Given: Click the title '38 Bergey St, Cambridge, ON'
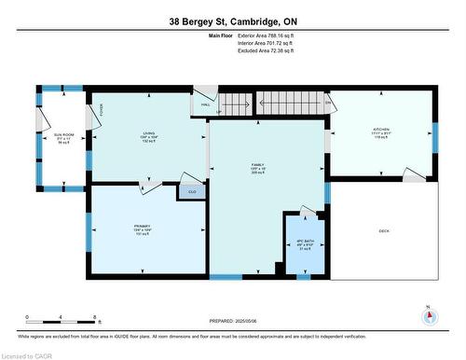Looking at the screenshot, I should coord(234,21).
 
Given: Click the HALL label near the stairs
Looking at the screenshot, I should coord(206,104).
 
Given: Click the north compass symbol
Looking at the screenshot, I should coord(430,316).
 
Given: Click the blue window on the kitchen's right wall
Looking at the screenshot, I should coord(434,136).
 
